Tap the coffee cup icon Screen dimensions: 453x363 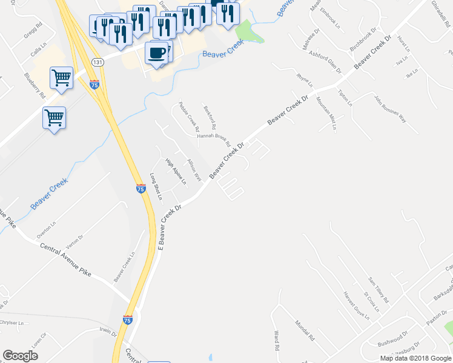click(157, 53)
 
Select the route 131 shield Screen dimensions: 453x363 click(97, 62)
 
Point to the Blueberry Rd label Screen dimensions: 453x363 click(35, 86)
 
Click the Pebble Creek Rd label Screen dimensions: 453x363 click(189, 117)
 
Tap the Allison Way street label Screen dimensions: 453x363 click(194, 169)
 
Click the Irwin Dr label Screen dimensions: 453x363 click(108, 332)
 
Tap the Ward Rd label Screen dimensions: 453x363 click(276, 341)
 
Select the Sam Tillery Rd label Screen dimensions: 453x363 click(379, 290)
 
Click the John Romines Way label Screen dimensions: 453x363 click(390, 109)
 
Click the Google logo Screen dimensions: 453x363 click(21, 356)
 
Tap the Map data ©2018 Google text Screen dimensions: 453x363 click(415, 358)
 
